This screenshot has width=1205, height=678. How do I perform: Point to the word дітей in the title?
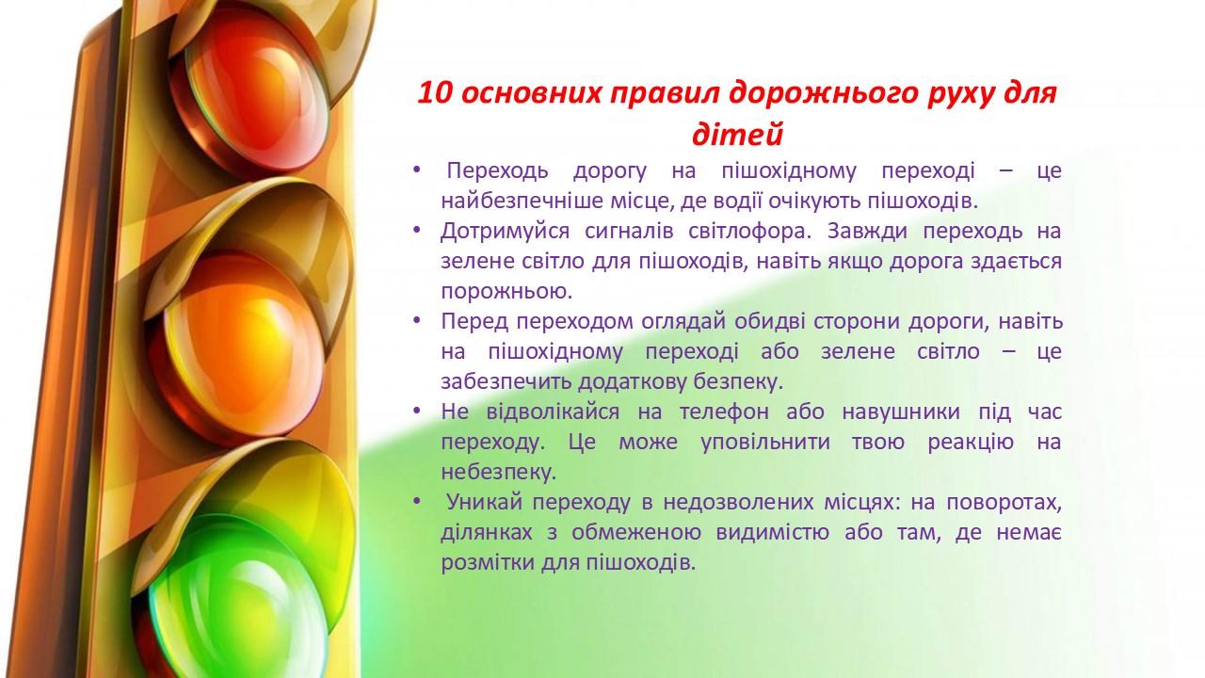click(x=737, y=134)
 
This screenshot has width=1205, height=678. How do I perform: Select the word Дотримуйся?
click(x=505, y=232)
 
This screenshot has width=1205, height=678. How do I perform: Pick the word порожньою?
click(x=506, y=292)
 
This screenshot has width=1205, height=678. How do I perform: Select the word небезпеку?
click(x=498, y=473)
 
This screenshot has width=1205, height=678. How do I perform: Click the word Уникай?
click(x=485, y=502)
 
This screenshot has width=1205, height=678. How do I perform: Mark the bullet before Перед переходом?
click(x=416, y=321)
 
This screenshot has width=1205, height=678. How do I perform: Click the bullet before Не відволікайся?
click(x=416, y=412)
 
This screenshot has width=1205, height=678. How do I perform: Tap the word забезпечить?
click(x=506, y=382)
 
